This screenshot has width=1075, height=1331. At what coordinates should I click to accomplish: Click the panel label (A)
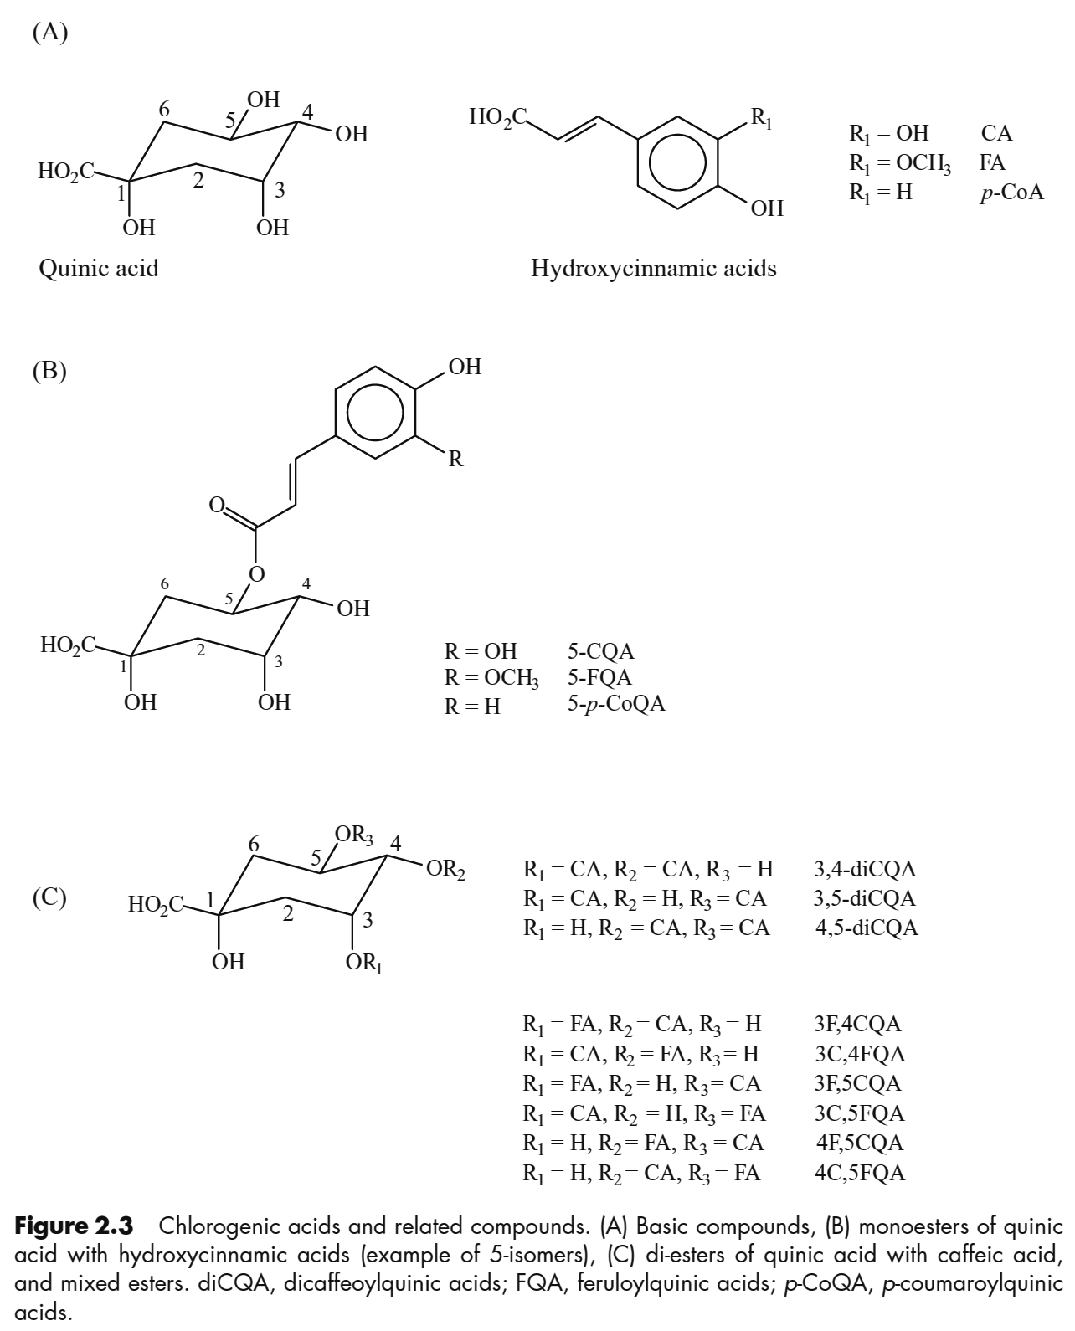pyautogui.click(x=49, y=33)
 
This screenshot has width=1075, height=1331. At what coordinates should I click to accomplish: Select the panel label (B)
pyautogui.click(x=49, y=370)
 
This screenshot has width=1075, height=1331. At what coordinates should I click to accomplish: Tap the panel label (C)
pyautogui.click(x=49, y=897)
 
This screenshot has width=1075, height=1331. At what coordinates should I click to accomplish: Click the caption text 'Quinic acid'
pyautogui.click(x=99, y=268)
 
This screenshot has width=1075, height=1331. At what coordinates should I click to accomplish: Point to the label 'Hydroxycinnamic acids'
pyautogui.click(x=654, y=268)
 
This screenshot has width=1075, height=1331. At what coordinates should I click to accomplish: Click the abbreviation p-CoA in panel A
pyautogui.click(x=1012, y=192)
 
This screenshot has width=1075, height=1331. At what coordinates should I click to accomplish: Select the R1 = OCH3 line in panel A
pyautogui.click(x=900, y=162)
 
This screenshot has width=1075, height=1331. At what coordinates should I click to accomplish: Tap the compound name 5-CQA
pyautogui.click(x=600, y=651)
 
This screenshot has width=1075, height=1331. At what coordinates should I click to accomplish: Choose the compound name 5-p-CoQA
pyautogui.click(x=616, y=704)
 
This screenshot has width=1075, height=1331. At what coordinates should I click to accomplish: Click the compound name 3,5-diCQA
pyautogui.click(x=865, y=899)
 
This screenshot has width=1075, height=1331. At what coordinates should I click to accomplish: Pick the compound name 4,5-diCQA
pyautogui.click(x=867, y=928)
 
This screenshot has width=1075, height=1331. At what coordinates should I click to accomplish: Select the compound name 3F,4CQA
pyautogui.click(x=858, y=1024)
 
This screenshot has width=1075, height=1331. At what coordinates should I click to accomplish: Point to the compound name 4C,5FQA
pyautogui.click(x=860, y=1173)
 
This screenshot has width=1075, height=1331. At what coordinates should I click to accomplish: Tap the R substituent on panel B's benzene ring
pyautogui.click(x=455, y=459)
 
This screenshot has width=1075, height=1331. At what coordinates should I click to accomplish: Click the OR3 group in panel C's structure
pyautogui.click(x=353, y=835)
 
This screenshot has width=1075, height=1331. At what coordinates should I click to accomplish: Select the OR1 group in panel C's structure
pyautogui.click(x=363, y=964)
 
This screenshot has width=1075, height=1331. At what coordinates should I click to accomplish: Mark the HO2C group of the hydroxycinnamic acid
pyautogui.click(x=497, y=117)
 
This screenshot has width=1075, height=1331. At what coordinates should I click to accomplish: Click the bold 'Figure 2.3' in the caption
pyautogui.click(x=75, y=1227)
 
